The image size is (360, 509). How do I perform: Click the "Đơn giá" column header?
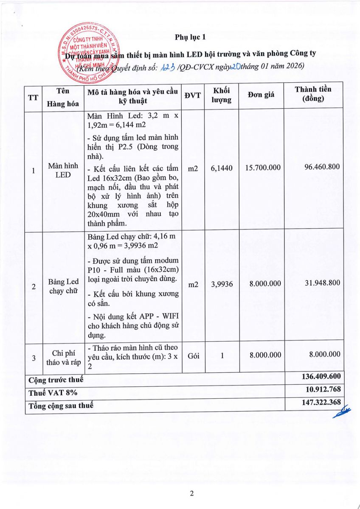click(261, 94)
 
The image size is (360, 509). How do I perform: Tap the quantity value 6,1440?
click(222, 168)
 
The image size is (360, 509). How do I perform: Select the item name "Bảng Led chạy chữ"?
click(63, 286)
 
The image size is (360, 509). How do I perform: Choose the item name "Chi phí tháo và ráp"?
click(63, 358)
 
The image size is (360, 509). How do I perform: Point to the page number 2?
click(191, 494)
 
